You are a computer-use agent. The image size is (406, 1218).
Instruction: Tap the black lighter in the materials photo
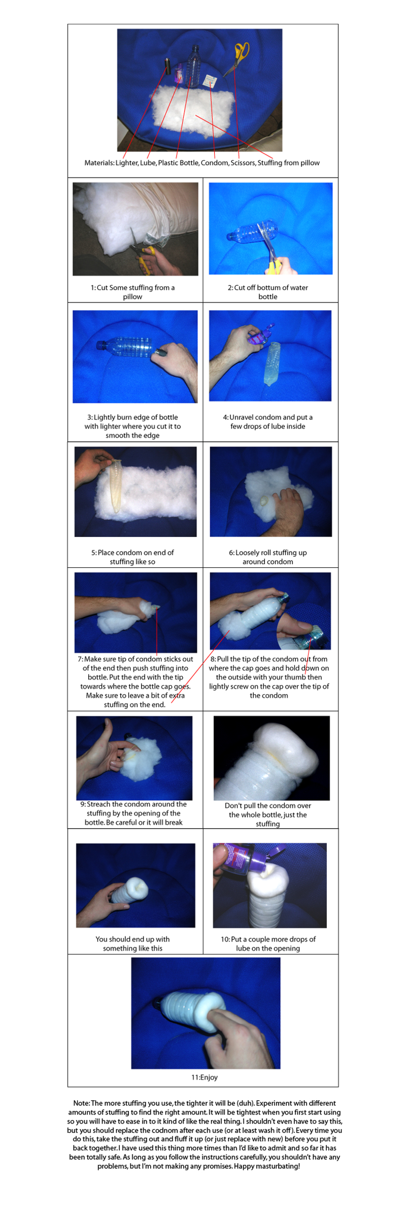[x=167, y=66]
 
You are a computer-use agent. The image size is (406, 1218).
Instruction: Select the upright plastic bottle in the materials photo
[x=193, y=66]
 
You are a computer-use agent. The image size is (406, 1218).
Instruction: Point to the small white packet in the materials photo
[x=209, y=80]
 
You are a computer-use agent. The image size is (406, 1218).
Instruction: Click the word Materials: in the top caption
[x=99, y=163]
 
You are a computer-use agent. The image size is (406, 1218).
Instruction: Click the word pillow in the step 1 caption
[x=132, y=297]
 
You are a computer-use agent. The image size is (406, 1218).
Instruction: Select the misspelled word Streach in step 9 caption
[x=98, y=804]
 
